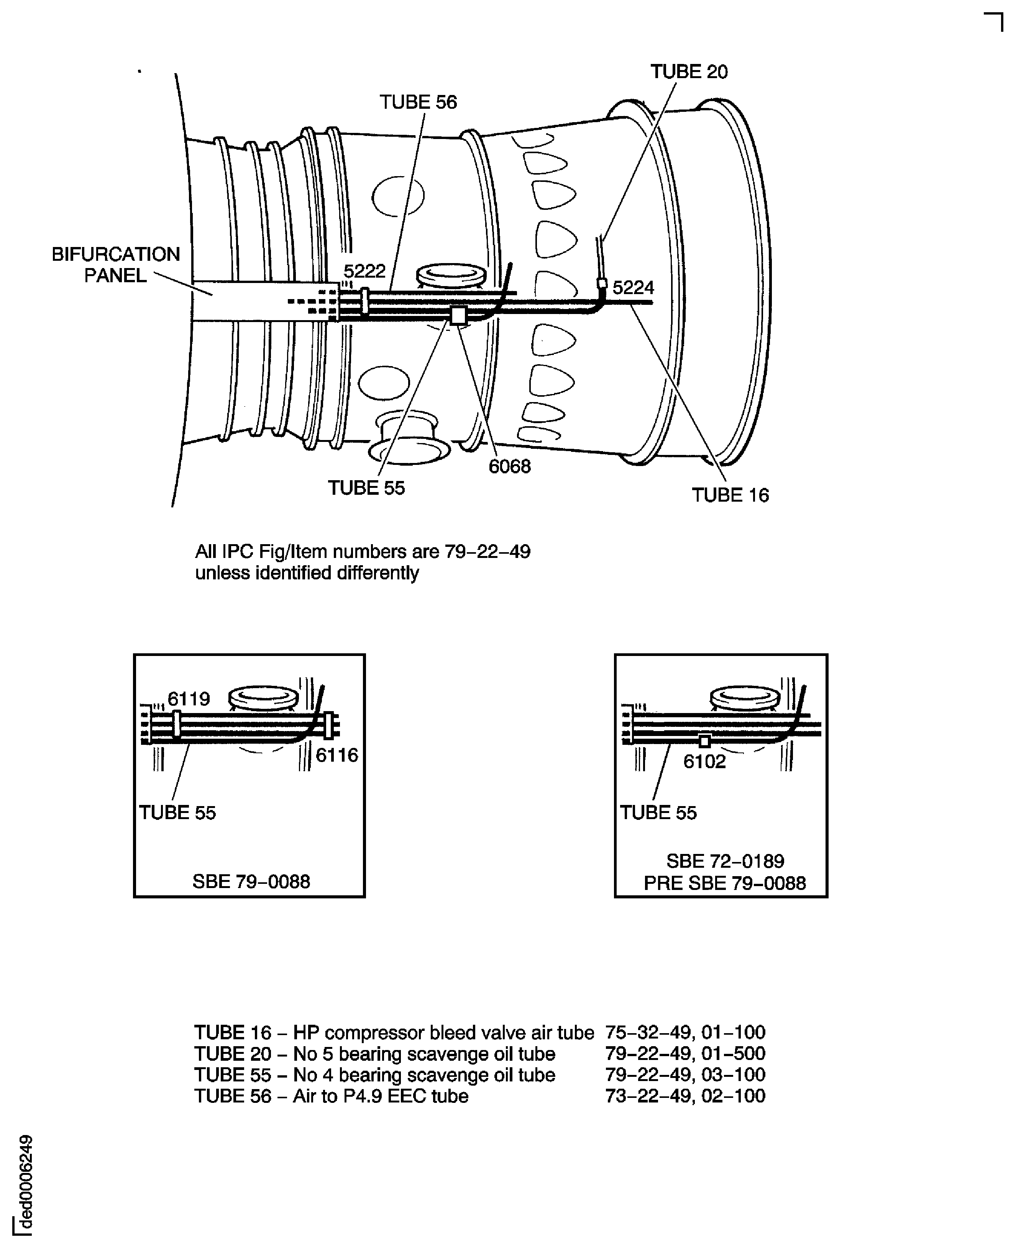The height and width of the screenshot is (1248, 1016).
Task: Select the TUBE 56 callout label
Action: pyautogui.click(x=418, y=102)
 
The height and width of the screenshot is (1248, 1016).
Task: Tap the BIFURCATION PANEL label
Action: pyautogui.click(x=116, y=264)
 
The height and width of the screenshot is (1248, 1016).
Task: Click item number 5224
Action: pyautogui.click(x=633, y=288)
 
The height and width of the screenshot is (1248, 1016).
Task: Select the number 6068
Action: pyautogui.click(x=509, y=467)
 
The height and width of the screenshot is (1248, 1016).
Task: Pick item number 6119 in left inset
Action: pyautogui.click(x=189, y=699)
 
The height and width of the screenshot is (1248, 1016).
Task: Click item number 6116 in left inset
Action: pyautogui.click(x=336, y=755)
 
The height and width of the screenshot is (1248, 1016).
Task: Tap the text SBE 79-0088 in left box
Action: pyautogui.click(x=251, y=881)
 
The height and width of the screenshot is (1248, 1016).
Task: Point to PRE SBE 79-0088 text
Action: pyautogui.click(x=725, y=883)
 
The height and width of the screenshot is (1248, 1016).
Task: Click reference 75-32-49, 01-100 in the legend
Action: pyautogui.click(x=685, y=1033)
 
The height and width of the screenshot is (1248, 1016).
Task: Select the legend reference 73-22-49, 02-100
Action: pyautogui.click(x=685, y=1096)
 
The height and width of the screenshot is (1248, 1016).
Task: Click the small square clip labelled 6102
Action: pyautogui.click(x=705, y=741)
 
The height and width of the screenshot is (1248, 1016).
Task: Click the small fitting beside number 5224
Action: pyautogui.click(x=601, y=284)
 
